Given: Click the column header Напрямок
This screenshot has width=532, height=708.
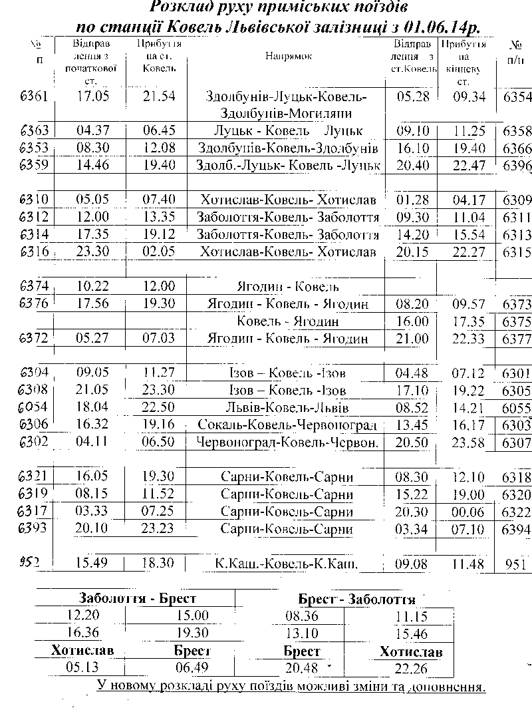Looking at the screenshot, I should click(288, 57).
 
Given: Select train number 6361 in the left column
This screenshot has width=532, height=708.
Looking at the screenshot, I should click(34, 96).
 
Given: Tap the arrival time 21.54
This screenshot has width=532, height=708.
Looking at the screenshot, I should click(159, 96).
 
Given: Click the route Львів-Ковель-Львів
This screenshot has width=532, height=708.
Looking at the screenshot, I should click(287, 407).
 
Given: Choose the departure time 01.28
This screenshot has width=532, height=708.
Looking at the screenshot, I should click(412, 200).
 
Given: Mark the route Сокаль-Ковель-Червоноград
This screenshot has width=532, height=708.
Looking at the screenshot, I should click(287, 425).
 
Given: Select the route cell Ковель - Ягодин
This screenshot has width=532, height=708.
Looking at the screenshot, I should click(287, 321).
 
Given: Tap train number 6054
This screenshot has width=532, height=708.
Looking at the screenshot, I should click(34, 407).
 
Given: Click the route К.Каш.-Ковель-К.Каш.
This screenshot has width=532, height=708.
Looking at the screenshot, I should click(287, 564).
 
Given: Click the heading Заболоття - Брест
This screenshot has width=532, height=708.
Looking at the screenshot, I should click(138, 598).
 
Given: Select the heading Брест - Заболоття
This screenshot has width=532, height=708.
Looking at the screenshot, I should click(356, 599).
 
